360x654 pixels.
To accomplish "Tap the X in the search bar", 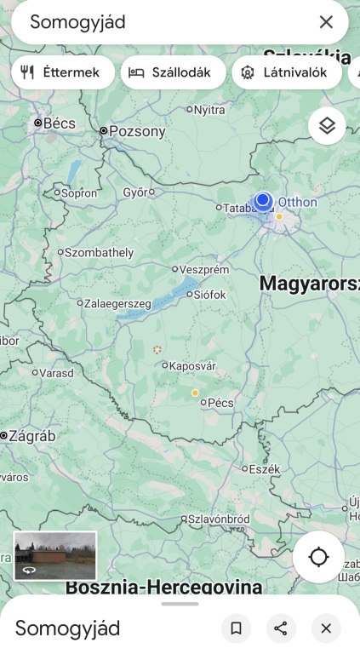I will tap(326, 22).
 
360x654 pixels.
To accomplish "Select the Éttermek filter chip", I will tap(62, 72).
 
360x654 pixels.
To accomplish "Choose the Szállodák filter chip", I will tap(173, 72).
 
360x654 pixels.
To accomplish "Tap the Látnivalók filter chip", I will tap(286, 72).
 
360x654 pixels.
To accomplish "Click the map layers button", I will tap(327, 126).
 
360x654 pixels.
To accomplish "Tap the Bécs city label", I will tap(58, 123).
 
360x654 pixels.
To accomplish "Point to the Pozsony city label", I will tap(136, 131).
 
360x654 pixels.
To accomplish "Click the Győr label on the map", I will tap(135, 192).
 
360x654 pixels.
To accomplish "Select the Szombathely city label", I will tap(99, 252).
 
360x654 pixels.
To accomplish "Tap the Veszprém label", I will tap(204, 269).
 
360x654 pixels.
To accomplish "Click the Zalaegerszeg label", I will tap(117, 303).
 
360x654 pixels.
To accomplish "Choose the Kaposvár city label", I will tap(192, 366).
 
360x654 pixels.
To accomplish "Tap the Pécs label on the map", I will tap(220, 403).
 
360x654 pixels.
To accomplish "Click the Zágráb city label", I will tap(31, 436).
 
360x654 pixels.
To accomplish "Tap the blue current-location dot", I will tap(263, 200).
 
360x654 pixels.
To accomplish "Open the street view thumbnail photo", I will tap(55, 555).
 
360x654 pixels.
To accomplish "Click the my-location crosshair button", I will tap(318, 557).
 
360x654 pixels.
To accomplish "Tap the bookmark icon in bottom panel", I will tap(237, 628).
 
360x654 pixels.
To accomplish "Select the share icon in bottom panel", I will tap(281, 628).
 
